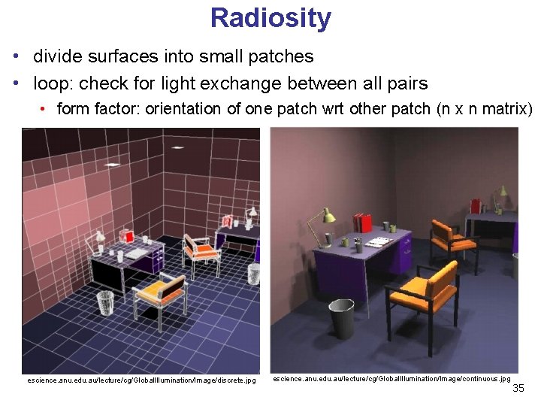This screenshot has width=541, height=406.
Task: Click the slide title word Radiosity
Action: pyautogui.click(x=270, y=17)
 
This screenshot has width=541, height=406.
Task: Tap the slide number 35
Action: pyautogui.click(x=518, y=388)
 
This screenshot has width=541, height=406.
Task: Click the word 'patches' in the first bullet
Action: pyautogui.click(x=280, y=56)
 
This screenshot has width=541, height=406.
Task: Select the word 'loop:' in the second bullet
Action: pyautogui.click(x=55, y=83)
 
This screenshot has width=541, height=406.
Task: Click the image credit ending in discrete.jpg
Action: pyautogui.click(x=141, y=380)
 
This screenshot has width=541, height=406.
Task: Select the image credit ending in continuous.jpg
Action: pyautogui.click(x=391, y=379)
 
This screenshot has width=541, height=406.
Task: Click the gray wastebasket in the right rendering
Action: pyautogui.click(x=341, y=319)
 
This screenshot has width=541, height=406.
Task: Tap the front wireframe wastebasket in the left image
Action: pyautogui.click(x=105, y=302)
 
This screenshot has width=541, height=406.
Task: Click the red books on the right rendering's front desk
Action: pyautogui.click(x=362, y=223)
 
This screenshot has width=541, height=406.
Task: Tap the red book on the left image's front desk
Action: pyautogui.click(x=128, y=236)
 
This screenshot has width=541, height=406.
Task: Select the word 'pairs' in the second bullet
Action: pyautogui.click(x=407, y=83)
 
